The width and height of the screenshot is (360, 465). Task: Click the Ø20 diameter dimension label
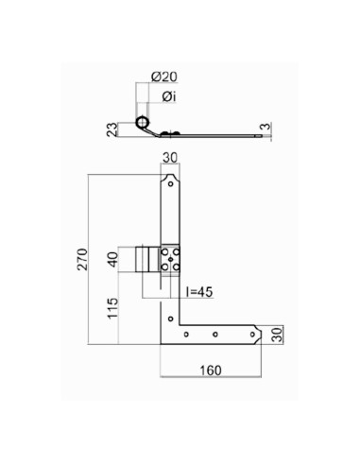pos(164,77)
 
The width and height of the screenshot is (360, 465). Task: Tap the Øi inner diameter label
pos(169,96)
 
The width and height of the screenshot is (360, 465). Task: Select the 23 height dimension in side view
pos(112,129)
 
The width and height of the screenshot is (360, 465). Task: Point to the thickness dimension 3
pos(266,127)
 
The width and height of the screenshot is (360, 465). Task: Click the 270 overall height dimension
pos(83,259)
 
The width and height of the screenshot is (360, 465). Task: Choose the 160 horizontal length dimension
pos(211,370)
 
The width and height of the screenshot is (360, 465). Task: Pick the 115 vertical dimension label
pos(112,308)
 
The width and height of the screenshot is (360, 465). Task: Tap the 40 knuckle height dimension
pos(112,259)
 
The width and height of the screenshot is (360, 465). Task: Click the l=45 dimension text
pos(199,292)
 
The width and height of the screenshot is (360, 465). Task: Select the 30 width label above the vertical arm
pos(170,158)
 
